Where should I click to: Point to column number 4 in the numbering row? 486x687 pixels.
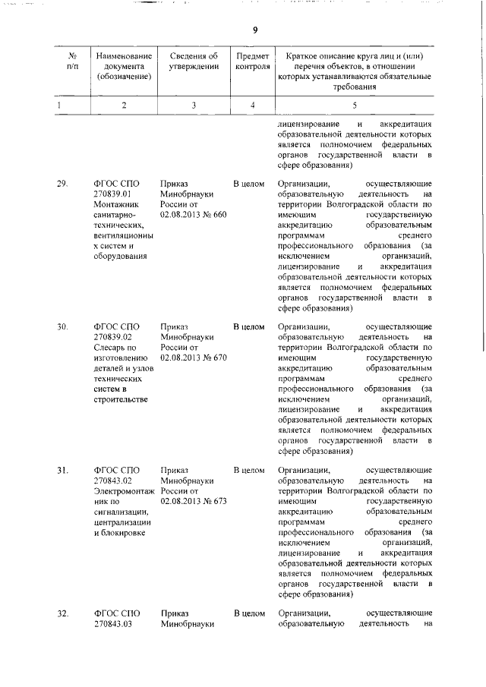pos(252,105)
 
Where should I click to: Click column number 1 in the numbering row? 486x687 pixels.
pos(58,105)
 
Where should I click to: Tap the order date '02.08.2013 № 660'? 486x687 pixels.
pos(194,216)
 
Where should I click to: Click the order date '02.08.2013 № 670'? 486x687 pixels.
pos(194,359)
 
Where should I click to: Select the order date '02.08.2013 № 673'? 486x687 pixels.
pos(194,503)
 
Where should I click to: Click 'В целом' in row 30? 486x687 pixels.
pos(248,327)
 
